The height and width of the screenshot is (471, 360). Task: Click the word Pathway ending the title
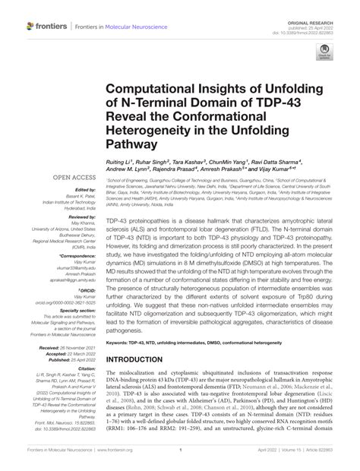click(134, 145)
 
